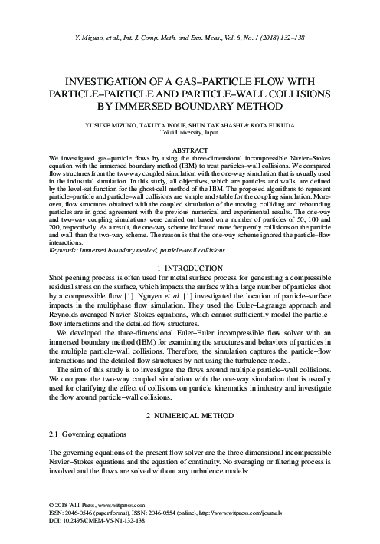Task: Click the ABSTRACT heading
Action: pyautogui.click(x=189, y=152)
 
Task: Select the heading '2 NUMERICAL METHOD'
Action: pyautogui.click(x=189, y=415)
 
